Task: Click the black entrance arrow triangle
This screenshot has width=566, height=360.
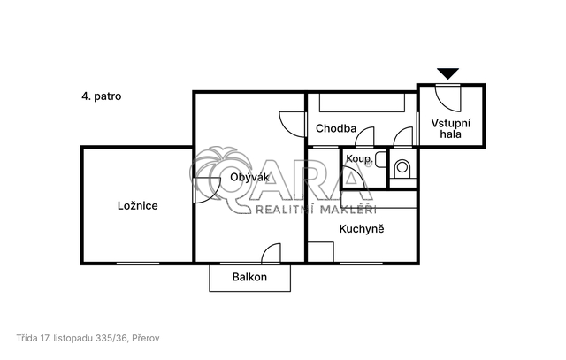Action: pyautogui.click(x=448, y=73)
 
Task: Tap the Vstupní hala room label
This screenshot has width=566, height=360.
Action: pyautogui.click(x=451, y=129)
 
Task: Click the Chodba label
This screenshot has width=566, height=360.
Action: pyautogui.click(x=336, y=128)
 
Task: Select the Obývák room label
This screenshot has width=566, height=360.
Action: pyautogui.click(x=249, y=177)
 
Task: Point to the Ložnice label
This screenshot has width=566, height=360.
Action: pyautogui.click(x=138, y=206)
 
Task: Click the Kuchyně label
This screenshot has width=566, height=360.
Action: pyautogui.click(x=362, y=229)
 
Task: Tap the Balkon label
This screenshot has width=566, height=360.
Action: pyautogui.click(x=249, y=277)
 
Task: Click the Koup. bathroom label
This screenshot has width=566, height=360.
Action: pyautogui.click(x=358, y=158)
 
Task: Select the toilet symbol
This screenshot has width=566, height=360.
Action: pyautogui.click(x=402, y=169)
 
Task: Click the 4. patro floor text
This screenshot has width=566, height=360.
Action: pyautogui.click(x=102, y=96)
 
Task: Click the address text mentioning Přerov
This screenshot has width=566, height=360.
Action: pyautogui.click(x=88, y=339)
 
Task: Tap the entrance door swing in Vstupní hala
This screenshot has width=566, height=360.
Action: pyautogui.click(x=448, y=98)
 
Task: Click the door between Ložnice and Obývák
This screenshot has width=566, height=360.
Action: pyautogui.click(x=207, y=190)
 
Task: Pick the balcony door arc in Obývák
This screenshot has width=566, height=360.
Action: pyautogui.click(x=271, y=253)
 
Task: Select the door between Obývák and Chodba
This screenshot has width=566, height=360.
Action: pyautogui.click(x=293, y=125)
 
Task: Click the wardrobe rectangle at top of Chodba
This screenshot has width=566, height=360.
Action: pyautogui.click(x=362, y=103)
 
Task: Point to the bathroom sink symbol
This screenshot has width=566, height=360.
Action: pyautogui.click(x=380, y=160)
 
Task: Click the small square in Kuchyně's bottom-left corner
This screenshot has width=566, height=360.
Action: pyautogui.click(x=320, y=252)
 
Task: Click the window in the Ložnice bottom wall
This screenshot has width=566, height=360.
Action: pyautogui.click(x=138, y=264)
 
